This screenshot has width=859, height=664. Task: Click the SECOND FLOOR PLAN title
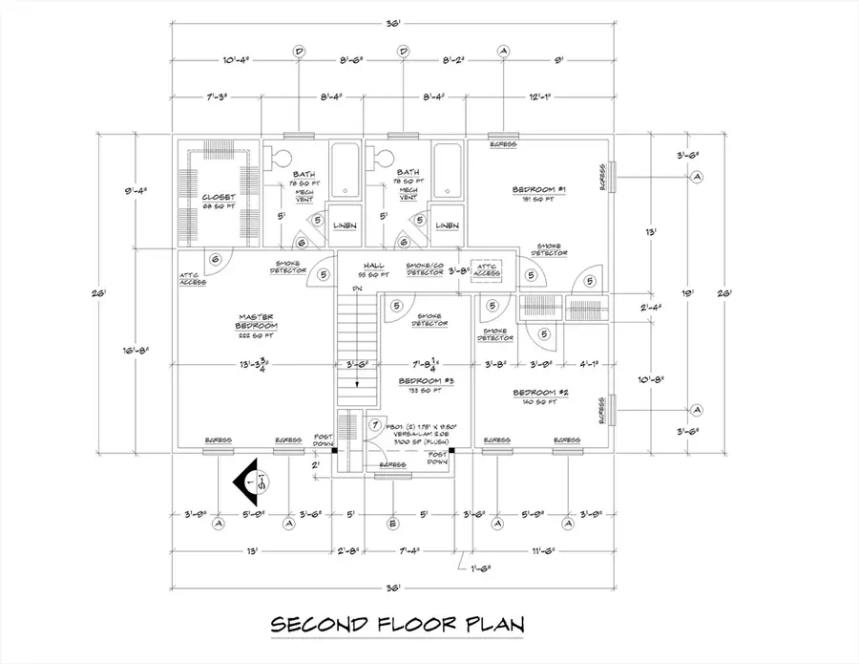pos(399,626)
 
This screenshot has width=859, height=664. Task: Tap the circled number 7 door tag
pos(375,424)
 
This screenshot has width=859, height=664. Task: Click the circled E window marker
pos(391,524)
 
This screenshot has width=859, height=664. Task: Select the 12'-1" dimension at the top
pos(539,96)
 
